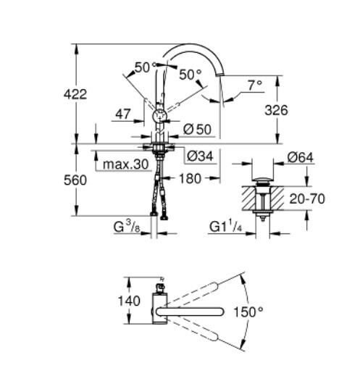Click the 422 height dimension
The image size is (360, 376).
75,93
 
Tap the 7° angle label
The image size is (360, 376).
254,85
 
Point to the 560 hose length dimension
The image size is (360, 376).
75,179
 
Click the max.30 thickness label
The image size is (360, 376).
125,164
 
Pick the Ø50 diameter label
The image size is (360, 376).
198,129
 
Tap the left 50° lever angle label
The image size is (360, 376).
144,67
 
